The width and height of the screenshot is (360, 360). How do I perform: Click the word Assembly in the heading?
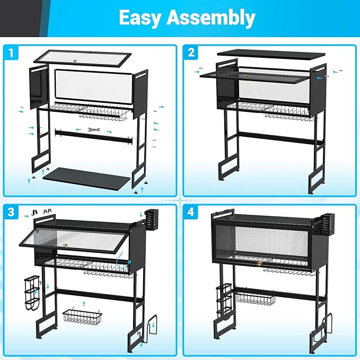pos(211,18)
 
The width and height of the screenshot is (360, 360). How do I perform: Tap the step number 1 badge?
pos(11,52)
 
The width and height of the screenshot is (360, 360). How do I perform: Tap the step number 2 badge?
pos(191,52)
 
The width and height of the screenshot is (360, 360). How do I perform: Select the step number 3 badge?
pos(11,212)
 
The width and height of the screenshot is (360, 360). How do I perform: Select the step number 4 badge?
pos(191,212)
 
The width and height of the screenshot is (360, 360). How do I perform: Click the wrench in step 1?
pos(94,130)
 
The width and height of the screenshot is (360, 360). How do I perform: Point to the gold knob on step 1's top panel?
pos(75,61)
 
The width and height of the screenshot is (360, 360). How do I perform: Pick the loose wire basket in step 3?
pos(82,315)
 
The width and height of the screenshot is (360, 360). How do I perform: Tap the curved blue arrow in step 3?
pos(123,264)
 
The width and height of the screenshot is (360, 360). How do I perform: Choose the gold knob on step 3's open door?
pos(65,245)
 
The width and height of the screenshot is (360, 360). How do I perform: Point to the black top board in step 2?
pos(271,55)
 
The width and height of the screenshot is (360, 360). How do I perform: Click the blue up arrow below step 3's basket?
pos(84,304)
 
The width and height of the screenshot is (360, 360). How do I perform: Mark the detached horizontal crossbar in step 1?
pos(94,137)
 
